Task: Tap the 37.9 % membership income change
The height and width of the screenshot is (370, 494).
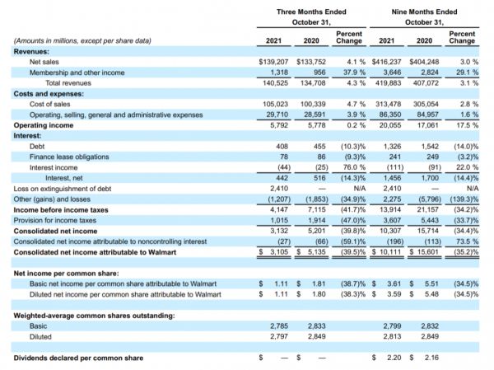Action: (350, 73)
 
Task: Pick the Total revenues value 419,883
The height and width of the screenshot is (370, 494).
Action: (391, 83)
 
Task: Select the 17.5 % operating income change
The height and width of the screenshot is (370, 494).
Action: (463, 125)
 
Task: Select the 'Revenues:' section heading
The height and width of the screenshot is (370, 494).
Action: (31, 51)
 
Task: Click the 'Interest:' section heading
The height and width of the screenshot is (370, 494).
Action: (27, 136)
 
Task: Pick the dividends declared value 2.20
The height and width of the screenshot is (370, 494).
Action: (394, 358)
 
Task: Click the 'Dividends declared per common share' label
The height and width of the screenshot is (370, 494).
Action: (78, 358)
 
